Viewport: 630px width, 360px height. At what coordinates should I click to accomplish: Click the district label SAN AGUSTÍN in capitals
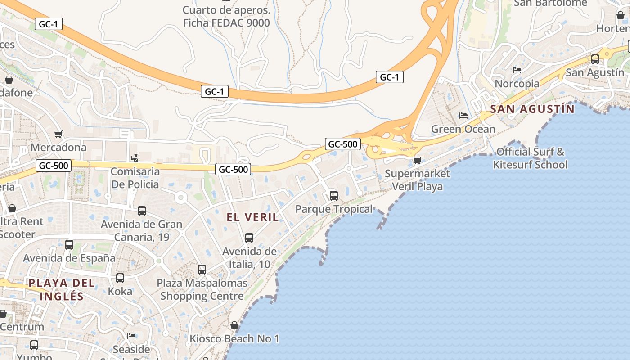coord(532,109)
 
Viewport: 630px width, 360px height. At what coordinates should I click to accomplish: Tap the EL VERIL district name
coord(252,217)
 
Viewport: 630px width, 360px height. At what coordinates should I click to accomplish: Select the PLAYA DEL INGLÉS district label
coord(62,289)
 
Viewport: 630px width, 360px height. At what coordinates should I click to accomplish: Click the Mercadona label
coord(58,147)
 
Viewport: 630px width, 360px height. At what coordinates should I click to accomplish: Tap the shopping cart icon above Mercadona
coord(58,134)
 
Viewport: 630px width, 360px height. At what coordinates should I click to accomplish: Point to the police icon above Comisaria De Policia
coord(134,158)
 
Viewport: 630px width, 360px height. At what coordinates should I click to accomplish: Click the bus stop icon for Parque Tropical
coord(333,195)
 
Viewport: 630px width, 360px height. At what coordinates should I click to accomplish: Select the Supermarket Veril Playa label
coord(418,180)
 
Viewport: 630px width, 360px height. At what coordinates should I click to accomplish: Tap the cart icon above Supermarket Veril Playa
coord(418,160)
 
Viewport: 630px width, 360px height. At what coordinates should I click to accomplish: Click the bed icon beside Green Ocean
coord(463,116)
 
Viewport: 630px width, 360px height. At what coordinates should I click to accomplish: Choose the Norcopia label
coord(517,84)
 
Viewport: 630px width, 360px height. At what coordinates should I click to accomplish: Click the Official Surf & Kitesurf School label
coord(530,158)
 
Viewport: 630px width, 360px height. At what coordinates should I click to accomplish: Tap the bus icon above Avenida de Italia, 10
coord(249,238)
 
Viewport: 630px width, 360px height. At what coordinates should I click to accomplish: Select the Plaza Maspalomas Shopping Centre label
coord(202,289)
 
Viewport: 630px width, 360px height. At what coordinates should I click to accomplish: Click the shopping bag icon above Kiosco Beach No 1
coord(234,325)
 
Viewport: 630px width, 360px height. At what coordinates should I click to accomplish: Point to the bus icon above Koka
coord(120,278)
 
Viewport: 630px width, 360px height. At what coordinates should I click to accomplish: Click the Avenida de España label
coord(69,258)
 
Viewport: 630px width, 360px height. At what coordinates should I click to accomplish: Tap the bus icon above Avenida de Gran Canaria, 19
coord(142,211)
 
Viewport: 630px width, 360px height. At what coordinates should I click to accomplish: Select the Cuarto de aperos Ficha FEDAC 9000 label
coord(226,16)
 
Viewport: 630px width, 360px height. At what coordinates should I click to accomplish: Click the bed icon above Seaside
coord(131,336)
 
